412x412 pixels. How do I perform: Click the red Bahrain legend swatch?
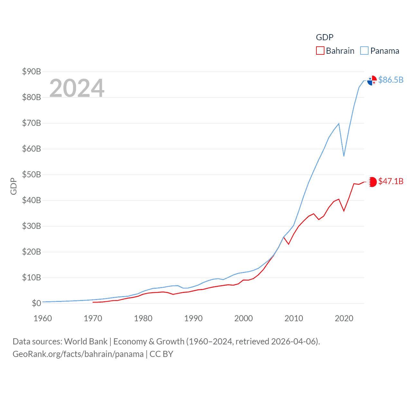click(320, 51)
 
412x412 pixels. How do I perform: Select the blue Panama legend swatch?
click(364, 51)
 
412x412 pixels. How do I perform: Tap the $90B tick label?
click(31, 71)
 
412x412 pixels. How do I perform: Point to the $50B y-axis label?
click(31, 174)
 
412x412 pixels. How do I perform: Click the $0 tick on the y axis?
click(36, 303)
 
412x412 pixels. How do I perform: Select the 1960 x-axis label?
click(42, 319)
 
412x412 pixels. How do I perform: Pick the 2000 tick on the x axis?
click(243, 319)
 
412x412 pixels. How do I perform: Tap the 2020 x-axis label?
click(344, 319)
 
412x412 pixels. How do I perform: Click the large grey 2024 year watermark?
click(77, 88)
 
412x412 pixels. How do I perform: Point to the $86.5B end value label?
click(391, 80)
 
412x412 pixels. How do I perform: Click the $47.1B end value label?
click(391, 181)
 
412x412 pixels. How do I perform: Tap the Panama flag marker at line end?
click(372, 80)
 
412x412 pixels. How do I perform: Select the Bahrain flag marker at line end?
click(372, 182)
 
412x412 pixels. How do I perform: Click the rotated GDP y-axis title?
click(14, 186)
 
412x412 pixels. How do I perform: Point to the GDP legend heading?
click(324, 37)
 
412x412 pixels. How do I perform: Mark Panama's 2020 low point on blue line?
click(344, 156)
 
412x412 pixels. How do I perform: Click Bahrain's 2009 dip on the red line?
click(289, 244)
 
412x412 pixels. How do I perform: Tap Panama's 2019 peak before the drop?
click(339, 124)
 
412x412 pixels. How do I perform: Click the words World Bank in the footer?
click(86, 342)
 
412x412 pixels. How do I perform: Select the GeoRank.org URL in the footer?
click(78, 354)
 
